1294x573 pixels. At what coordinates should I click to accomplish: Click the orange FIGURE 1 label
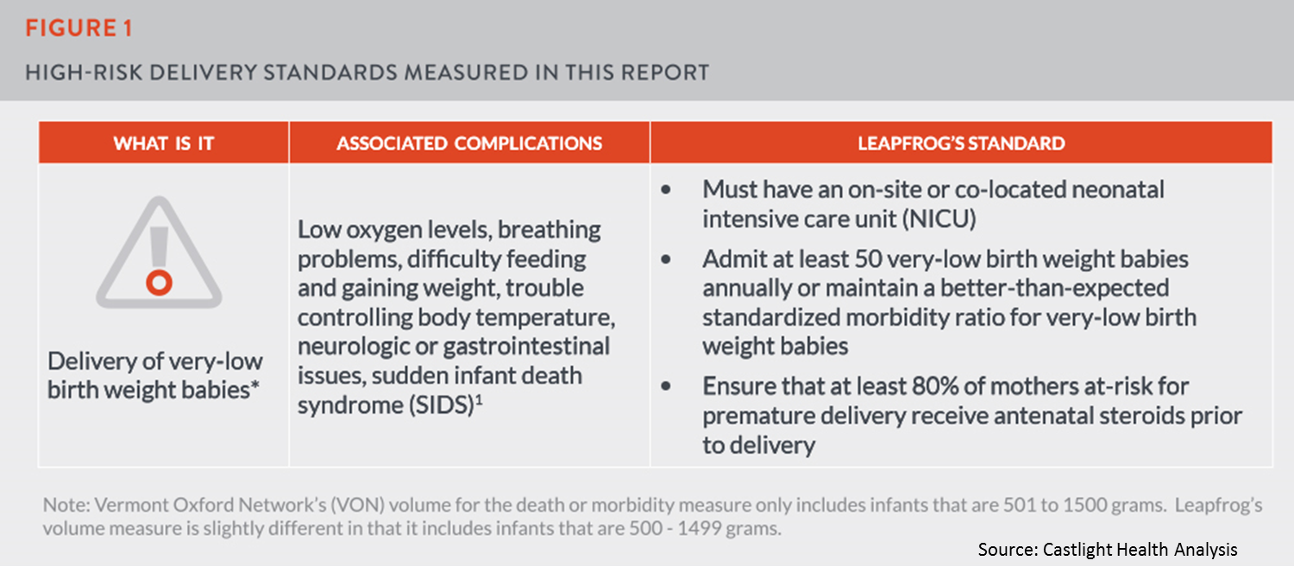coord(79,28)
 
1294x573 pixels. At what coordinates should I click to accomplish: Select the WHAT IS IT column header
coord(164,143)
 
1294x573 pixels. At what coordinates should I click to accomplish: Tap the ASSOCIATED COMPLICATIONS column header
coord(469,143)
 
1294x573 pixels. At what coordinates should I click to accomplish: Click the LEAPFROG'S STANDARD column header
coord(961,143)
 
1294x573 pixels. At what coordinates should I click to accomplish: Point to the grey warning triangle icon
coord(159,254)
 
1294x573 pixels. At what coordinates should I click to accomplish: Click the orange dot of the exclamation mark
coord(159,283)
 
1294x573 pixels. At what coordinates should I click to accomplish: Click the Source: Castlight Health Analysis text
coord(1108,549)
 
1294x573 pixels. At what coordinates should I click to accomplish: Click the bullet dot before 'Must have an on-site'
coord(665,190)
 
